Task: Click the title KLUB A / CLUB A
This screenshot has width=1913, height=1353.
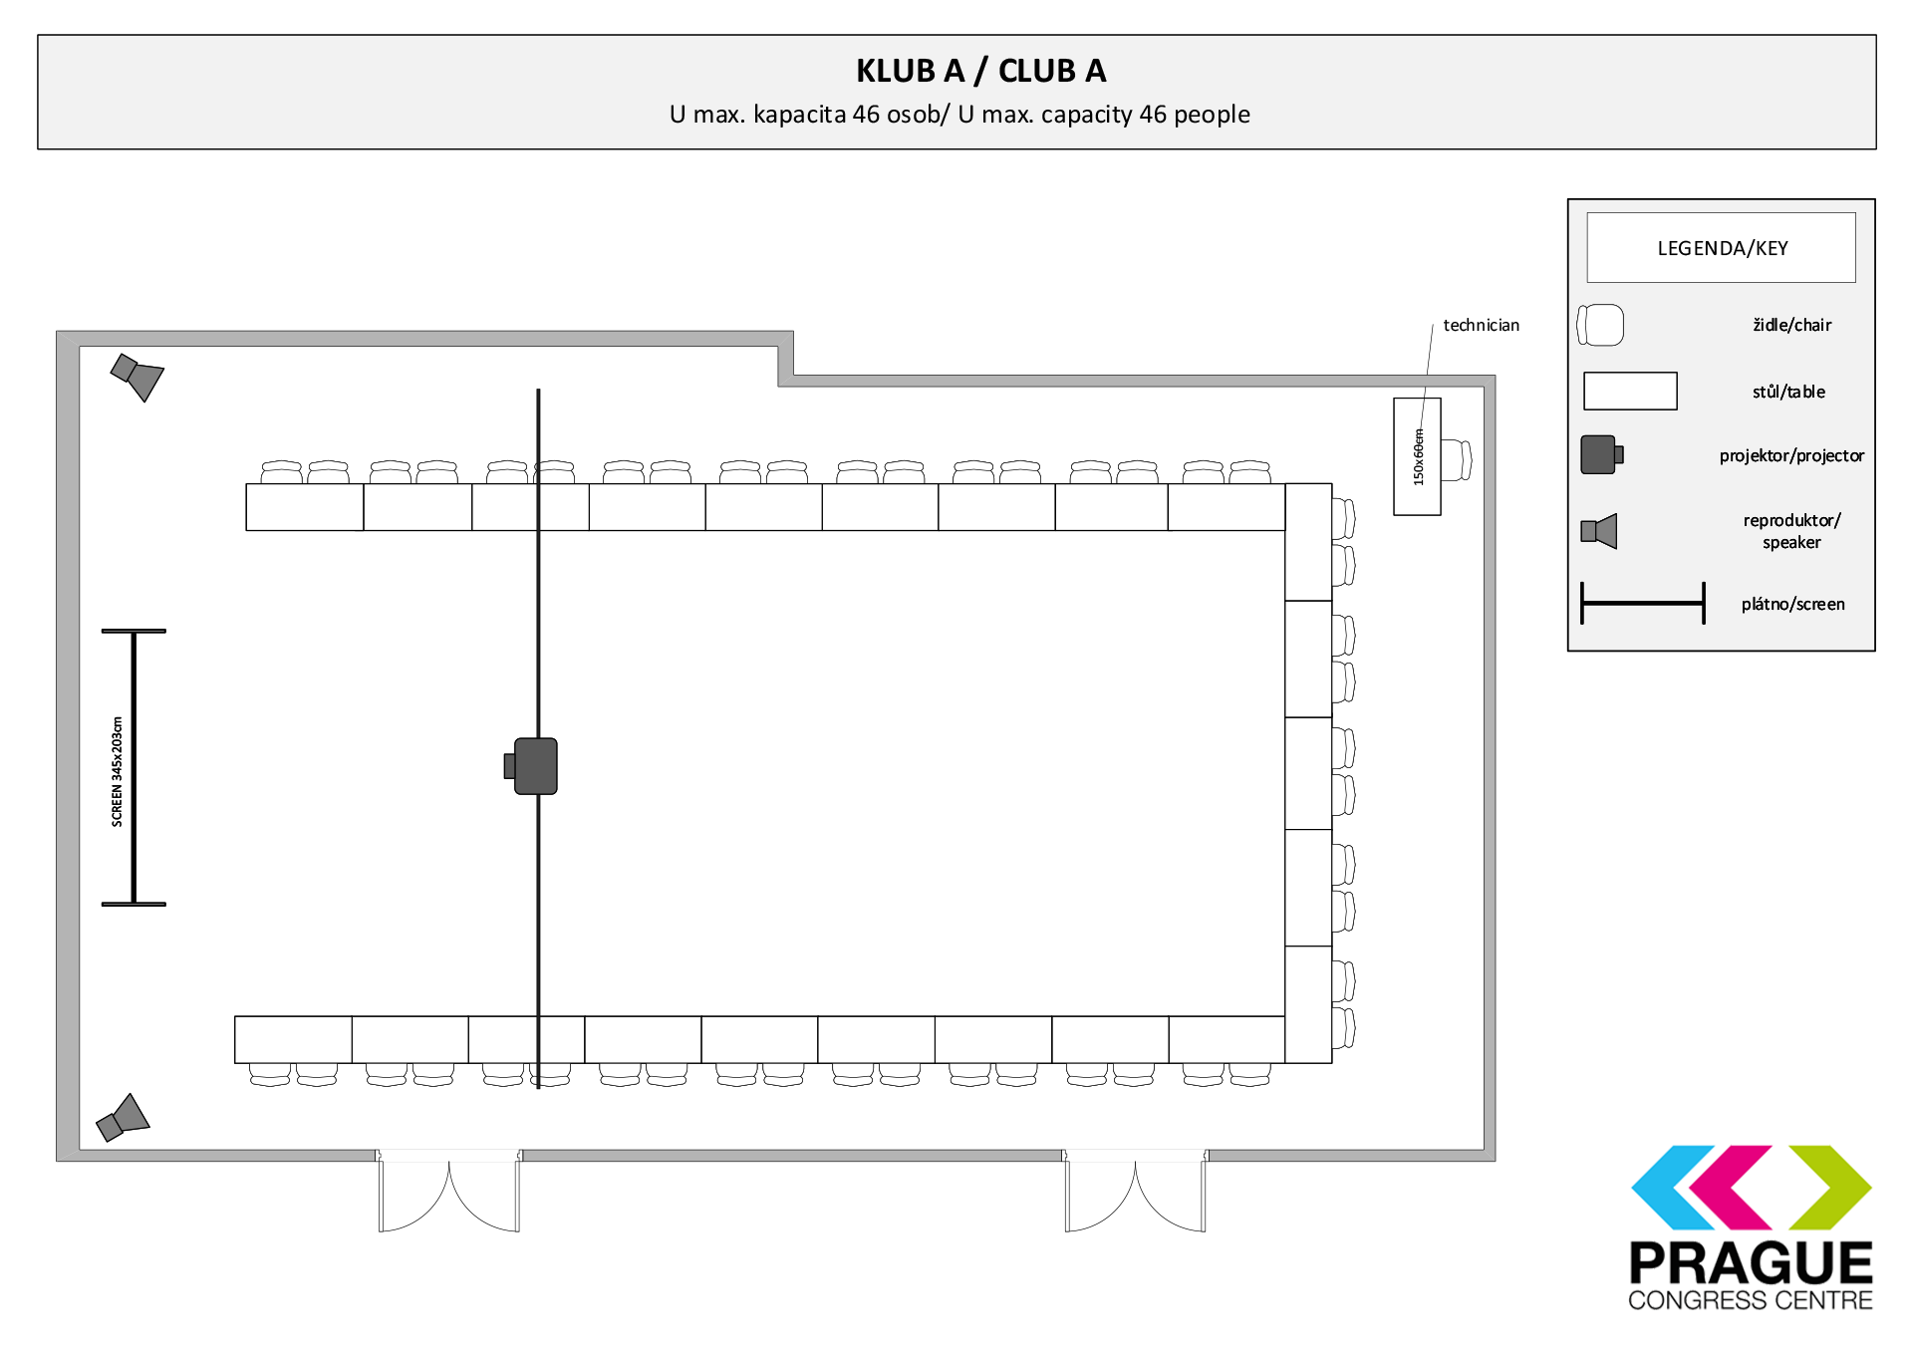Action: click(980, 71)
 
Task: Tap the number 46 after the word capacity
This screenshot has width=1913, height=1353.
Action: click(1153, 115)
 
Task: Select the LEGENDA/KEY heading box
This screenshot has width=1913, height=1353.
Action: click(1721, 247)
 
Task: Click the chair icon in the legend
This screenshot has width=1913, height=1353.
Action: click(1600, 325)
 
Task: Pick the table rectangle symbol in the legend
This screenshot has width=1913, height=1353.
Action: click(1630, 391)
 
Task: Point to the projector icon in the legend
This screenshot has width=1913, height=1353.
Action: click(1602, 454)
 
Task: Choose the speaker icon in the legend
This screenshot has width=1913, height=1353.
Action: click(1599, 531)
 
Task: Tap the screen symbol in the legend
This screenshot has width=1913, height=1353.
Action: click(1643, 603)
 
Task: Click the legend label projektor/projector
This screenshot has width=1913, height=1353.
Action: click(1791, 455)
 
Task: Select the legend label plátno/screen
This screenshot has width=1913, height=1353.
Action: click(1792, 604)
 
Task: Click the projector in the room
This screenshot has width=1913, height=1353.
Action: click(531, 766)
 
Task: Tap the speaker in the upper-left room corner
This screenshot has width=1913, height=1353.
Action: click(137, 377)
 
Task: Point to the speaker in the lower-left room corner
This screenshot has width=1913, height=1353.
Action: click(123, 1118)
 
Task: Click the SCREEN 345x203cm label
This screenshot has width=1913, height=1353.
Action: click(117, 771)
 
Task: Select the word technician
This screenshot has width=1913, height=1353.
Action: click(1481, 325)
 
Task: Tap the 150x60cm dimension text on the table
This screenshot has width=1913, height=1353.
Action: click(1419, 457)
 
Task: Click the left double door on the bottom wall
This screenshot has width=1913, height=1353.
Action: click(448, 1191)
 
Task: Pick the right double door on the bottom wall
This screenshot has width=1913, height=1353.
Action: click(1135, 1191)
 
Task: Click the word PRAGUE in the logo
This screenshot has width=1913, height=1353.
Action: click(1751, 1263)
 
